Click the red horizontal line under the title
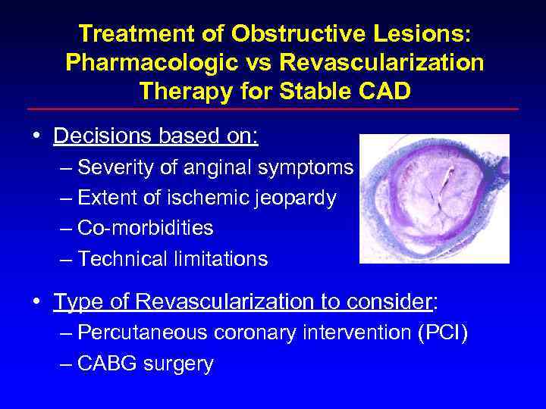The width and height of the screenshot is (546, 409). [273, 109]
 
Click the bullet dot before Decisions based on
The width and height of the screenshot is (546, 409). [36, 136]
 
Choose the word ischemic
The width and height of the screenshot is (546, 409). [208, 198]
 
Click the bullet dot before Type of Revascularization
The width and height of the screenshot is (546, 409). [36, 302]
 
